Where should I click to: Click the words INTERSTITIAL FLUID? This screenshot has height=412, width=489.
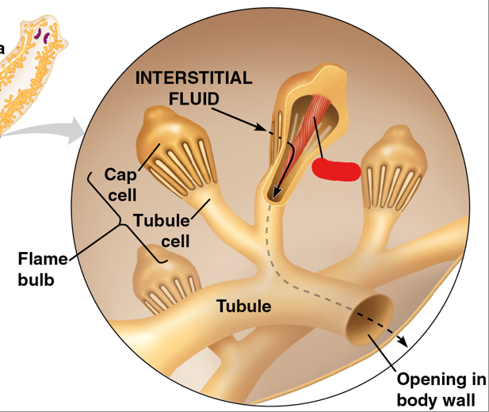[194, 89]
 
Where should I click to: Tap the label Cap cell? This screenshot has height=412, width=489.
[120, 185]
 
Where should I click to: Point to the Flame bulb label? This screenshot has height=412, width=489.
[40, 269]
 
